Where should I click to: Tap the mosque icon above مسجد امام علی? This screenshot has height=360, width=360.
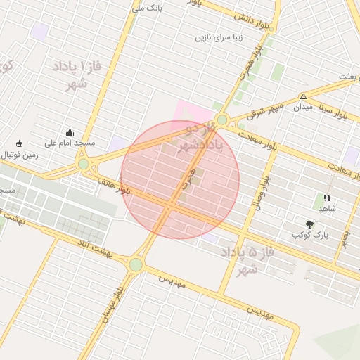70,131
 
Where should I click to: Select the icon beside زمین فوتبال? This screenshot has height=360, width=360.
19,143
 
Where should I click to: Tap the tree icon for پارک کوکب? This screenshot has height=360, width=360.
309,224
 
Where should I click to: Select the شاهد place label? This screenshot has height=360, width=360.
328,209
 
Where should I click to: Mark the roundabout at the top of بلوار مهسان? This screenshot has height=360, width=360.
136,264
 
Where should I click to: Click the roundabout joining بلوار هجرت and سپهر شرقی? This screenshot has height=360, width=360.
222,120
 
